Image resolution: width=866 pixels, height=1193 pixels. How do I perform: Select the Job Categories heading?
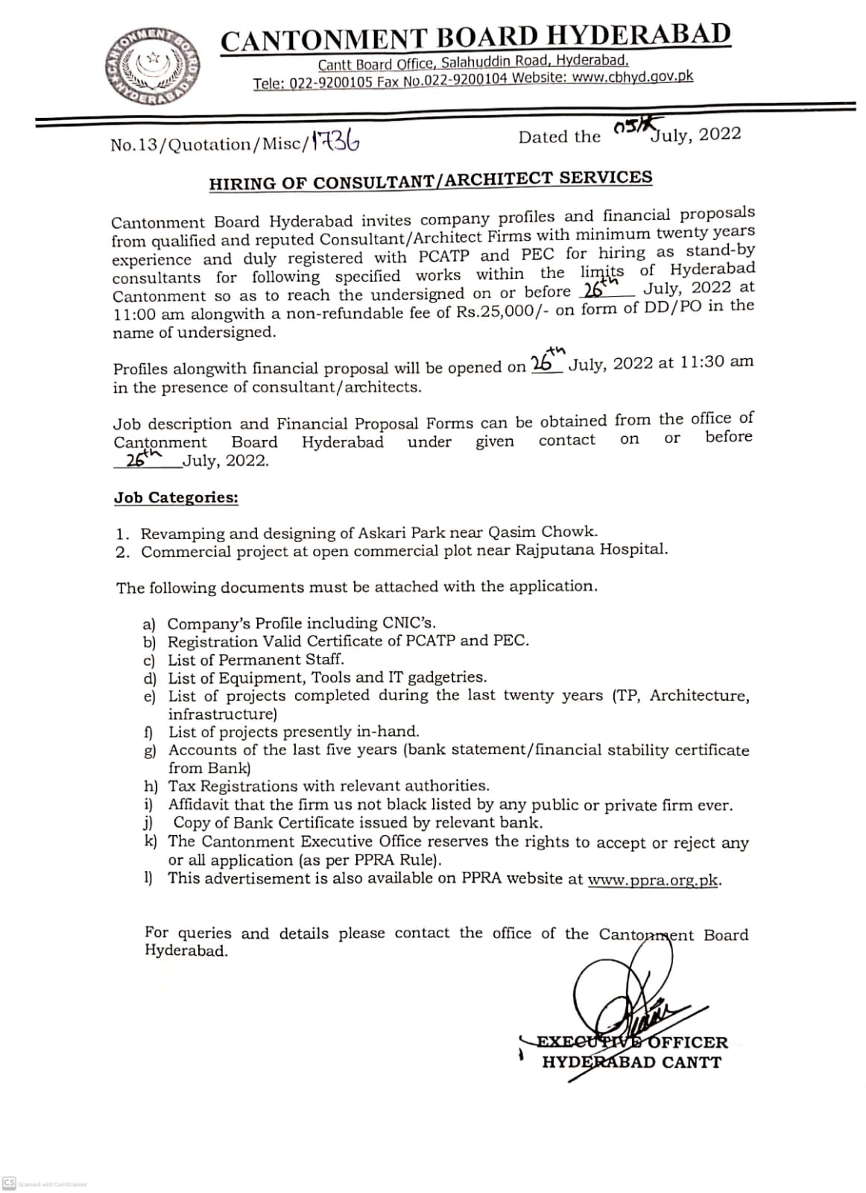click(x=176, y=497)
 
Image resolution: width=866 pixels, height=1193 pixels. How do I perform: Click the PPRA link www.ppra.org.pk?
click(x=654, y=879)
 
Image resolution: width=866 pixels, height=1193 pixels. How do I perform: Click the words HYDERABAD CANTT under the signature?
click(x=631, y=1062)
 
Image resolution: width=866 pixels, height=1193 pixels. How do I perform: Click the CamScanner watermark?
click(x=45, y=1184)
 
